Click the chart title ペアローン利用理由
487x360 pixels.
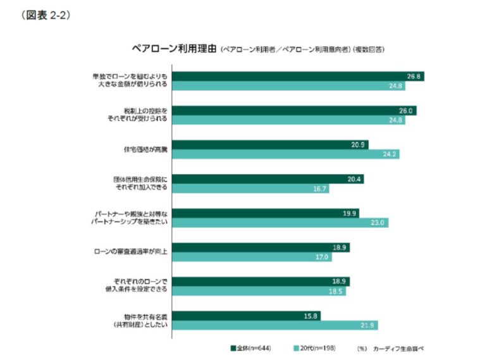point(174,48)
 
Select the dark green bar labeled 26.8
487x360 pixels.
point(297,76)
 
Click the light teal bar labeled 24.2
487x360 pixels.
point(285,154)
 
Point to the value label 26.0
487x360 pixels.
point(406,111)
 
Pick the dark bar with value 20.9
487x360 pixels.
point(269,144)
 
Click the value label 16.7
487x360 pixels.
point(319,188)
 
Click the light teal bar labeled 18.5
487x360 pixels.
point(259,291)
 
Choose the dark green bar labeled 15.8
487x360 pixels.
point(246,315)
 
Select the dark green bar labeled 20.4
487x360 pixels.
point(268,179)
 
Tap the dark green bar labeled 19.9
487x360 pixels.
point(266,213)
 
